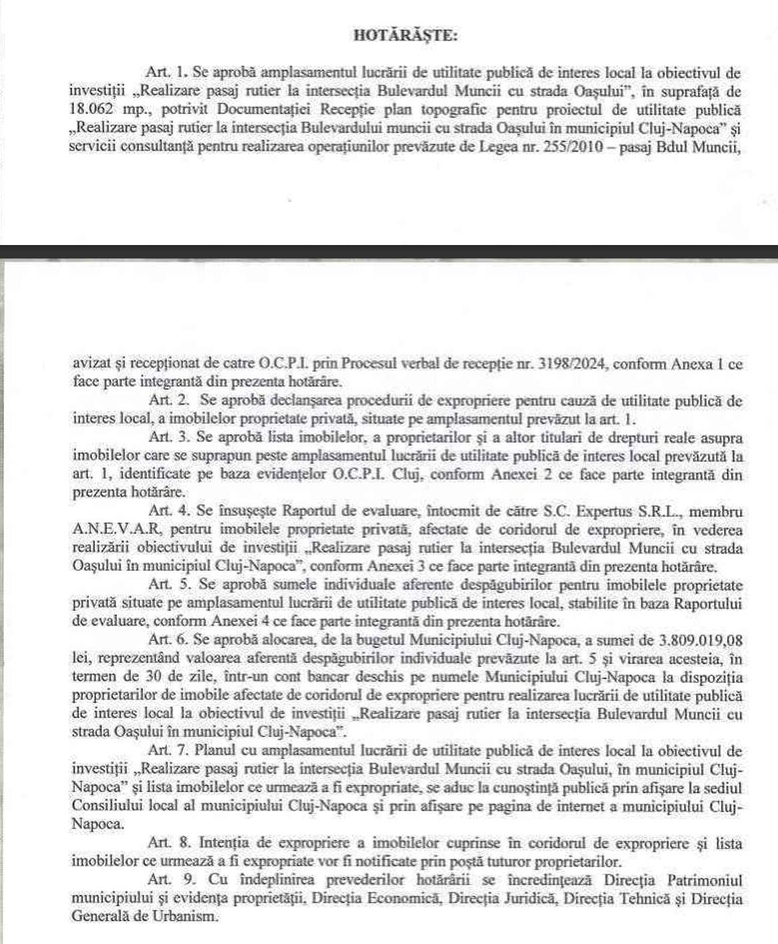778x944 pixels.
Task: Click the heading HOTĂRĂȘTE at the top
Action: click(x=405, y=36)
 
